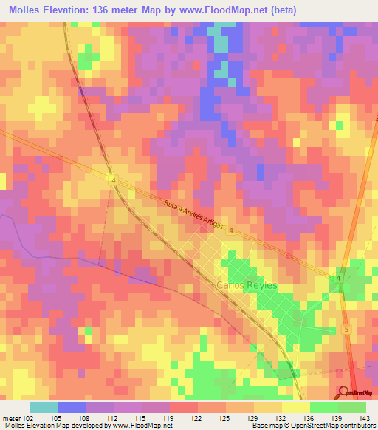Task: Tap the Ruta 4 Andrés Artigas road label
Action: [x=188, y=211]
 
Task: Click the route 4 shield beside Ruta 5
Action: [x=338, y=278]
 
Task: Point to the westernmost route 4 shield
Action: [x=111, y=179]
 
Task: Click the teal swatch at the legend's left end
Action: [x=44, y=407]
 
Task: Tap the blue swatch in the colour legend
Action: [x=72, y=407]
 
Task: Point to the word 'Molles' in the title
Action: [x=21, y=10]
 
